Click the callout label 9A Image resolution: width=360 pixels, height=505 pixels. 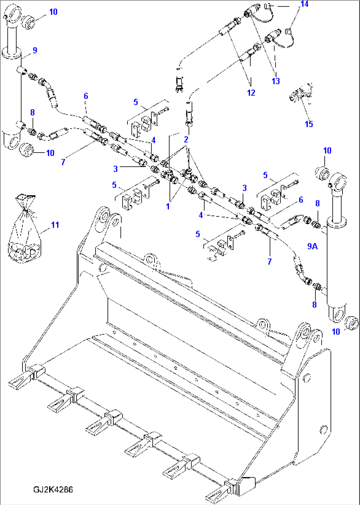tap(312, 246)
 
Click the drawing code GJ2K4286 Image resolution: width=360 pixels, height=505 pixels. tap(53, 489)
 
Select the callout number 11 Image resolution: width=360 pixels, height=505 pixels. tap(55, 225)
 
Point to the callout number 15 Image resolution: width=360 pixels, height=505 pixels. tap(308, 124)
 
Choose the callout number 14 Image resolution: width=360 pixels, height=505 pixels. tap(304, 4)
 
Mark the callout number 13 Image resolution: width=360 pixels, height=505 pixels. tap(275, 81)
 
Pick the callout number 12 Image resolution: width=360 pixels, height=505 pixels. tap(251, 93)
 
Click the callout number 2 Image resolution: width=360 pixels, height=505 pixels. tap(186, 139)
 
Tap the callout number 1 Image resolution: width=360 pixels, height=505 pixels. tap(168, 206)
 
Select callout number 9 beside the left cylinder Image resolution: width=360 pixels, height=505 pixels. tap(35, 50)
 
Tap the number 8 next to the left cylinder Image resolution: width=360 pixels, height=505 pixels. tap(32, 112)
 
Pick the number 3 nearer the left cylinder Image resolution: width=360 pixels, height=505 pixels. tap(115, 169)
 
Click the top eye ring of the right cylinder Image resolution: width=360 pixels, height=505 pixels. tap(339, 180)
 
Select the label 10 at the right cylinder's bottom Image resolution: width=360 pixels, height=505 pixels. tap(336, 331)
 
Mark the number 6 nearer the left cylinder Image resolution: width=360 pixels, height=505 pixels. tap(86, 96)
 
